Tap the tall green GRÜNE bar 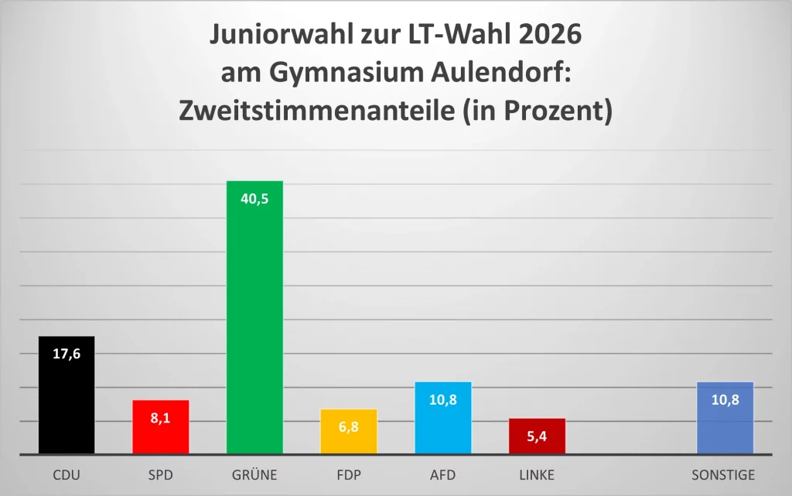coord(254,325)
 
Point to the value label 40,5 coord(254,199)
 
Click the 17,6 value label coord(67,354)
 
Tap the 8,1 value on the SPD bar coord(160,418)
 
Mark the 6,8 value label coord(348,426)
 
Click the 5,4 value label coord(537,436)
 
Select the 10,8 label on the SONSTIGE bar coord(725,399)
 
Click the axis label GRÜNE coord(254,475)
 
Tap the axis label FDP coord(348,475)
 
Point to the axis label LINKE coord(537,475)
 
